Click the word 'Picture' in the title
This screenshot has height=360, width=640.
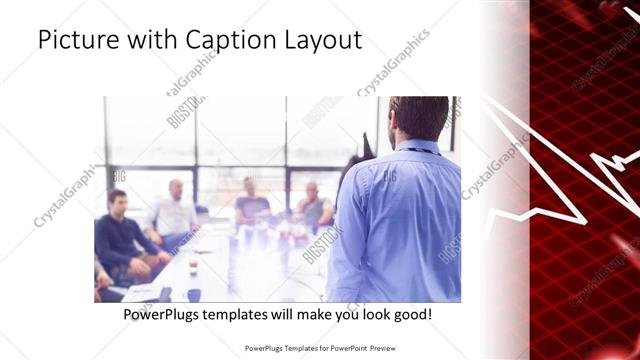(x=73, y=41)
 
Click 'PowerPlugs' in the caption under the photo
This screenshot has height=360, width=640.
(x=163, y=314)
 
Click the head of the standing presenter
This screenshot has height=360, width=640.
(x=418, y=117)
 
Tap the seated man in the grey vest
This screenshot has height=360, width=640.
(x=313, y=207)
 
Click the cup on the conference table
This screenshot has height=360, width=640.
(x=193, y=268)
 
